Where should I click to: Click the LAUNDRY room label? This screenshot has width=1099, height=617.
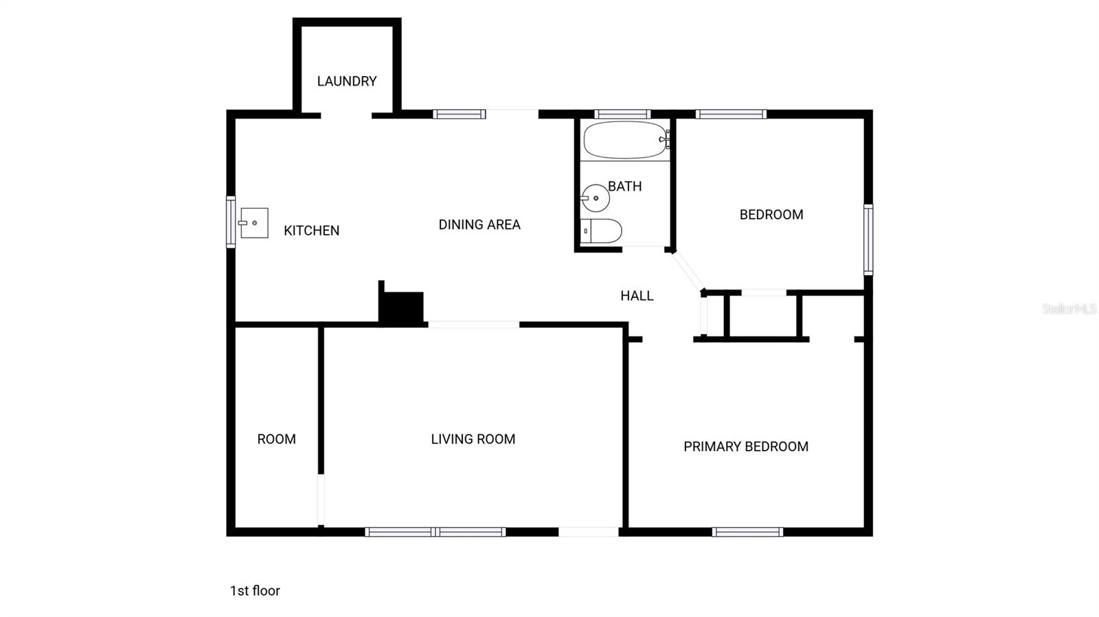[x=347, y=81]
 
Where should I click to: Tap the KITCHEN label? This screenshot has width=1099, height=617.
[x=311, y=231]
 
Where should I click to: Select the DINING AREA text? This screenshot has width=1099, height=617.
[x=479, y=224]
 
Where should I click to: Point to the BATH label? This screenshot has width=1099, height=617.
[x=625, y=186]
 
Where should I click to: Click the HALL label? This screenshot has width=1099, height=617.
[x=637, y=296]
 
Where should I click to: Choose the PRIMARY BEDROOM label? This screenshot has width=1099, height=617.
[x=746, y=447]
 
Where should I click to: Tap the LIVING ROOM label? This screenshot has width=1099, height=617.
[x=473, y=439]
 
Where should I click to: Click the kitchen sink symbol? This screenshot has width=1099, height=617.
[x=253, y=223]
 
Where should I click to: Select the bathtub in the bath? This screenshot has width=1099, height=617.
[x=625, y=140]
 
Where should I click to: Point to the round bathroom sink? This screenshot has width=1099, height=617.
[x=596, y=198]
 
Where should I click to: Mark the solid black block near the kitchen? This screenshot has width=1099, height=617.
[x=402, y=307]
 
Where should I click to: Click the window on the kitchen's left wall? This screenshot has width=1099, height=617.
[x=231, y=222]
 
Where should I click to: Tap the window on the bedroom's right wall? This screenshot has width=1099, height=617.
[x=868, y=240]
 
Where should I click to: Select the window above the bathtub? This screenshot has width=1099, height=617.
[x=622, y=114]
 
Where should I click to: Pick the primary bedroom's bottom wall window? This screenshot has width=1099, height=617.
[x=747, y=531]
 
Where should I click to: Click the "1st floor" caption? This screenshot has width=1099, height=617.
[x=255, y=591]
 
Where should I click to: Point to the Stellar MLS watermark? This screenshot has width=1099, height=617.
[x=1069, y=309]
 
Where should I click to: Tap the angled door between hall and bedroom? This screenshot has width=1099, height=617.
[x=688, y=271]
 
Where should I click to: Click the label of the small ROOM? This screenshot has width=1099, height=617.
[x=277, y=439]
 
